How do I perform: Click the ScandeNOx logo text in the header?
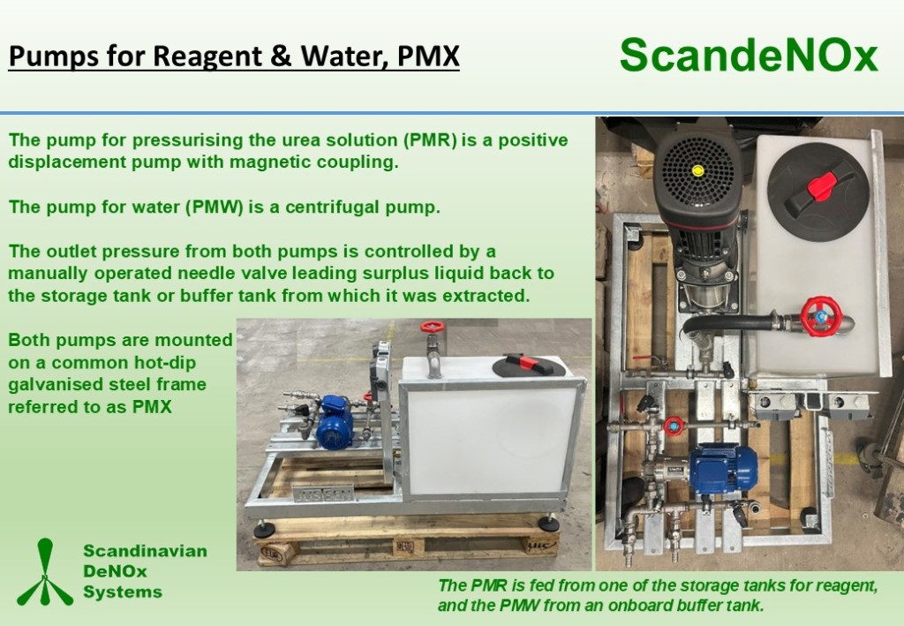pyautogui.click(x=749, y=56)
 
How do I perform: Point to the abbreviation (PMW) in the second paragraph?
pyautogui.click(x=214, y=207)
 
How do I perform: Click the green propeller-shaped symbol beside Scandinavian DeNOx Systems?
pyautogui.click(x=44, y=572)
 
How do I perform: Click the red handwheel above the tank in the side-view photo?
pyautogui.click(x=432, y=327)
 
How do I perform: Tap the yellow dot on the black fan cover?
pyautogui.click(x=698, y=170)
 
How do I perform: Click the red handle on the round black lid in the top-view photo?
pyautogui.click(x=821, y=185)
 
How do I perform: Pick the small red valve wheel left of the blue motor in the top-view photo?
pyautogui.click(x=673, y=426)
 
